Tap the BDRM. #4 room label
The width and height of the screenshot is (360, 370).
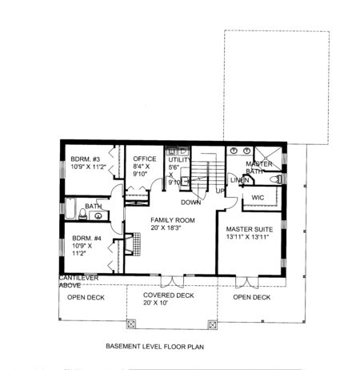(86, 238)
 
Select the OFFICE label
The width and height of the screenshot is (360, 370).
(145, 159)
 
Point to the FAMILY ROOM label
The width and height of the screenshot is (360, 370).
(173, 220)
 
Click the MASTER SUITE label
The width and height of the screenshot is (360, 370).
(250, 229)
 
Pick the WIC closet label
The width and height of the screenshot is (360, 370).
(258, 198)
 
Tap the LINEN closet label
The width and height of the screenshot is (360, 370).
(240, 180)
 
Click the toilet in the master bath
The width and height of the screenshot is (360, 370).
(275, 179)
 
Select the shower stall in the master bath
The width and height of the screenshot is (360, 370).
(268, 159)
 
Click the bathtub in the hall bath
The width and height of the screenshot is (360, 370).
(70, 208)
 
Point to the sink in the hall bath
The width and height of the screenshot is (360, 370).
(98, 215)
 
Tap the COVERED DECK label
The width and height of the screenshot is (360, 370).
(169, 296)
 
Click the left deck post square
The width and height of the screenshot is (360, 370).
(130, 324)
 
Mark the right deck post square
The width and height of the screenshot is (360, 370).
(212, 325)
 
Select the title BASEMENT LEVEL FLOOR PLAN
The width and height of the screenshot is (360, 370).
(155, 347)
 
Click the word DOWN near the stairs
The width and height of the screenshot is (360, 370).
(191, 203)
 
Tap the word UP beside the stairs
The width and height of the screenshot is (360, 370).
(220, 191)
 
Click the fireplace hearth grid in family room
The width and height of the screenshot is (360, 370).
(137, 244)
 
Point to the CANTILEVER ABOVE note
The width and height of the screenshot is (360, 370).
(78, 282)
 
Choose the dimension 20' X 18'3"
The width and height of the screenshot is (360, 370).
(166, 228)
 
